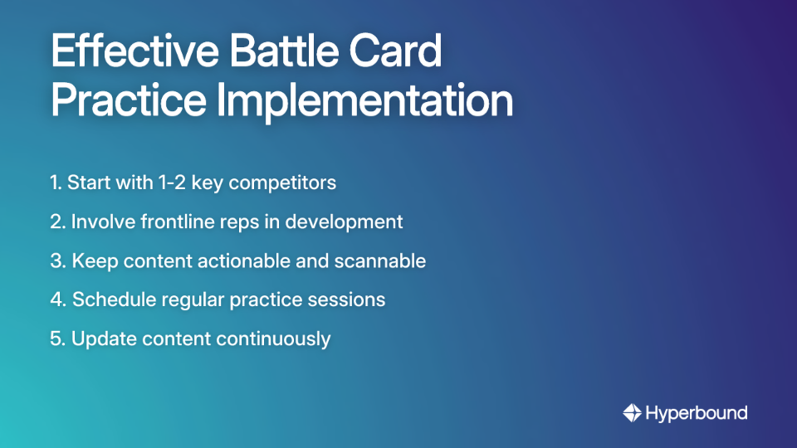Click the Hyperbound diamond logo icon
pos(632,412)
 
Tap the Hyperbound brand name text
pos(697,412)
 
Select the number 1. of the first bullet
pos(56,183)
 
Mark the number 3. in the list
pos(57,261)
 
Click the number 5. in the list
pos(57,338)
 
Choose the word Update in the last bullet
pos(100,338)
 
